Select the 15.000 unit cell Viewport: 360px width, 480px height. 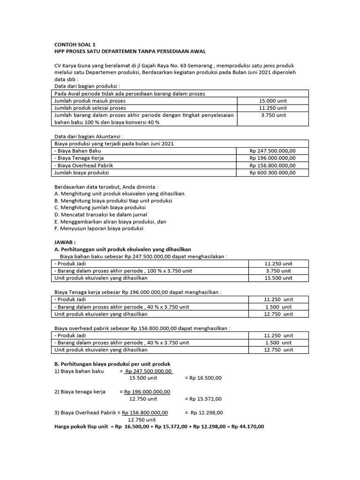point(273,101)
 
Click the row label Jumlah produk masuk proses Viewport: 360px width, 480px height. point(90,101)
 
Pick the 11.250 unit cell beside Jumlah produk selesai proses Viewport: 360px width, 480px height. point(273,108)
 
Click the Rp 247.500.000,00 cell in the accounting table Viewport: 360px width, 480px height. point(273,151)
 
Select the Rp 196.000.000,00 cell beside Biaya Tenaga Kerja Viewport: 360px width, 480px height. point(273,158)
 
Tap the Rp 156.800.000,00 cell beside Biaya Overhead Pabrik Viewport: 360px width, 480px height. point(273,165)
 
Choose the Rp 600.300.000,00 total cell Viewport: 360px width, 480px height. point(273,173)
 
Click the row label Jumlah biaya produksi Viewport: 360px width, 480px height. point(82,173)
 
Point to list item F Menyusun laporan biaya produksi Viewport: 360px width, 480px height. point(99,229)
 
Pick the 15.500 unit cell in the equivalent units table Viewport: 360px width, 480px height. point(278,278)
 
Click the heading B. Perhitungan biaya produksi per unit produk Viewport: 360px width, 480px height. point(112,364)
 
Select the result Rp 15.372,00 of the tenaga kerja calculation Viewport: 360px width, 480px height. point(203,399)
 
